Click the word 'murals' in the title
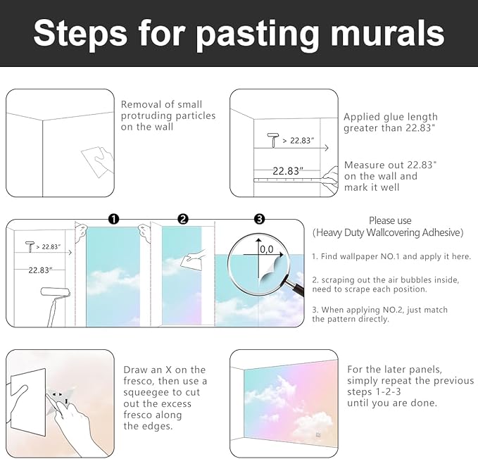[x=387, y=32]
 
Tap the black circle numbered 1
[x=114, y=219]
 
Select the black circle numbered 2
[x=183, y=219]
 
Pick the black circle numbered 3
[x=260, y=219]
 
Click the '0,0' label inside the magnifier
[x=267, y=250]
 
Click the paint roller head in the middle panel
[x=56, y=292]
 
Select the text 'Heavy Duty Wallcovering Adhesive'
[x=388, y=232]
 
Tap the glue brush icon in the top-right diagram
[x=273, y=140]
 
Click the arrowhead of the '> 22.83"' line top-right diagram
[x=327, y=148]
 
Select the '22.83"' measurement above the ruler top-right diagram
[x=288, y=170]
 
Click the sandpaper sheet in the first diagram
[x=95, y=161]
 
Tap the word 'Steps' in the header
[x=80, y=33]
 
